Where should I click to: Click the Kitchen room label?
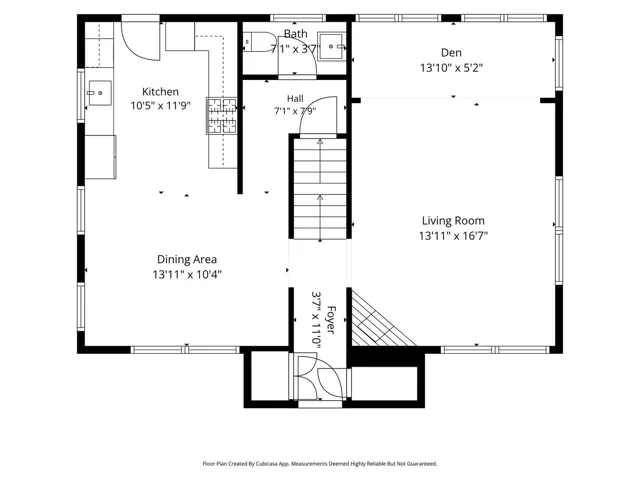pyautogui.click(x=160, y=92)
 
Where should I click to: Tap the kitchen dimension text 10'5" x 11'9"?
pyautogui.click(x=160, y=106)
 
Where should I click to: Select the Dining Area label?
pyautogui.click(x=187, y=259)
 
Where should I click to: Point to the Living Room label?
pyautogui.click(x=453, y=221)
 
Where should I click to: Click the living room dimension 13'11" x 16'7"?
pyautogui.click(x=453, y=236)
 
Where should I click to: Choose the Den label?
pyautogui.click(x=451, y=53)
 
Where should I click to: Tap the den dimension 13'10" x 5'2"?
pyautogui.click(x=451, y=68)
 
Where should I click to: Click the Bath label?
pyautogui.click(x=296, y=34)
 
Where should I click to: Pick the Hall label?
pyautogui.click(x=295, y=98)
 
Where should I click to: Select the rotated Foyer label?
pyautogui.click(x=331, y=320)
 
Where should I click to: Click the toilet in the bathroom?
pyautogui.click(x=260, y=42)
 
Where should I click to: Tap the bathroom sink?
pyautogui.click(x=332, y=47)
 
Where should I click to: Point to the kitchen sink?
pyautogui.click(x=100, y=93)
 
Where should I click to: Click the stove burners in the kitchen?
pyautogui.click(x=222, y=116)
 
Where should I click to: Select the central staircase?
pyautogui.click(x=320, y=189)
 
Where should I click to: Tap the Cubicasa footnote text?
pyautogui.click(x=320, y=464)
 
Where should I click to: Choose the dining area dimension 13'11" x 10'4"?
pyautogui.click(x=187, y=274)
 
